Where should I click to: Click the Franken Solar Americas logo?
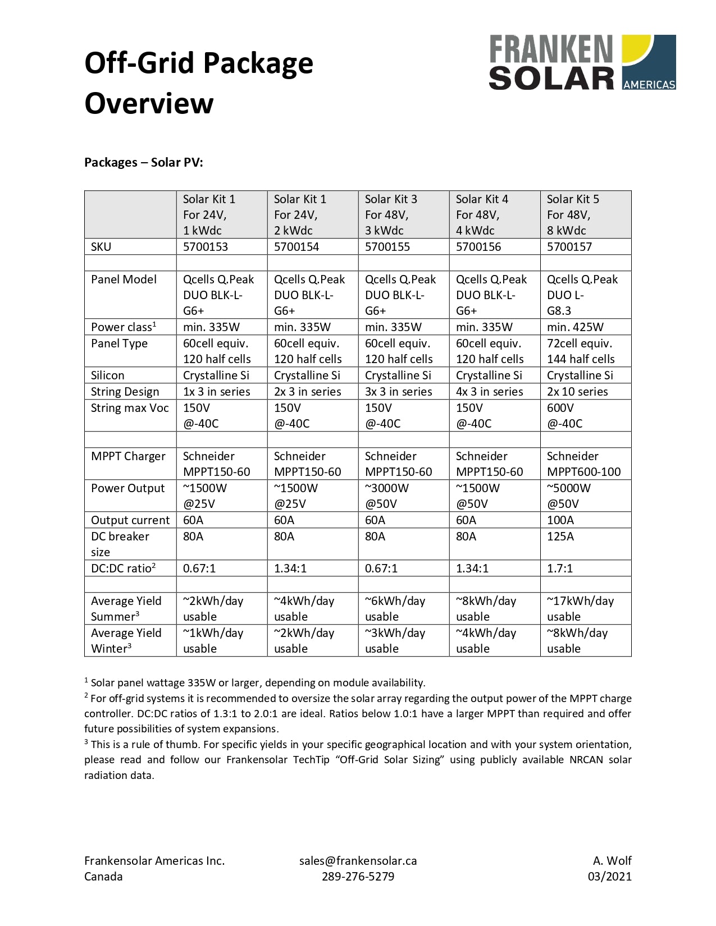pos(582,62)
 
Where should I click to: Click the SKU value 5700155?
pos(387,246)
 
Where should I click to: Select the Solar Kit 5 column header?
pos(573,214)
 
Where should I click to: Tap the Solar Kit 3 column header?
pos(391,214)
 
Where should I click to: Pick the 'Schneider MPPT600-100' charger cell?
pos(583,464)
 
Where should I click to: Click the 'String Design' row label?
pos(125,391)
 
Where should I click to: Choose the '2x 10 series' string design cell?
pos(577,391)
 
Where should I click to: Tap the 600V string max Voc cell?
pos(564,415)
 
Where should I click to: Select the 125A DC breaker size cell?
pos(560,537)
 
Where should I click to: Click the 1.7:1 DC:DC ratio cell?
pos(560,568)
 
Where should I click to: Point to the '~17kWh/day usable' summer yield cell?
pos(580,608)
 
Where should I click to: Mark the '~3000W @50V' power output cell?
pos(387,496)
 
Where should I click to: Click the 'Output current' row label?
pos(130,520)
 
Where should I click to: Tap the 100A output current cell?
pos(560,520)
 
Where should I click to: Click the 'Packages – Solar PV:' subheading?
pos(144,162)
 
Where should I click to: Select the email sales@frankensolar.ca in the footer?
pos(358,860)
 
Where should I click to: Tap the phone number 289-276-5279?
pos(358,876)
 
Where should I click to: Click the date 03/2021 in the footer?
pos(609,876)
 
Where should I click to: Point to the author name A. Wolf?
pos(612,860)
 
